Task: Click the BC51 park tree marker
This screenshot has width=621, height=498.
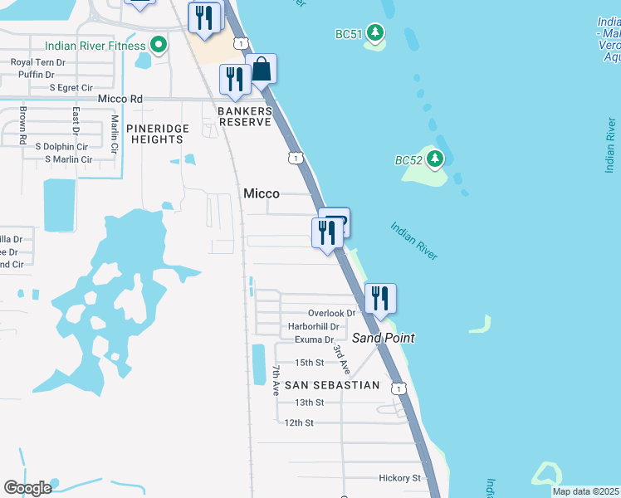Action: [376, 33]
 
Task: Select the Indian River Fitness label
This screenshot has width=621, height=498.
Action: [95, 46]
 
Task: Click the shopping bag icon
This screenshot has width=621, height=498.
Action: [261, 70]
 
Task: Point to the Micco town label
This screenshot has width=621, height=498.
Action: [261, 193]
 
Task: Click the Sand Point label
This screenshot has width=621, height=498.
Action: [383, 338]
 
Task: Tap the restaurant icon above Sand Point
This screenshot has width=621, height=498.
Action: [380, 298]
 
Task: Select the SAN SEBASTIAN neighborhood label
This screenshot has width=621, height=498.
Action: [332, 385]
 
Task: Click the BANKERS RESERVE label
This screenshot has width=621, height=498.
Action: [245, 116]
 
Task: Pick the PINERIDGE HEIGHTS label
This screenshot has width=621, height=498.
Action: [158, 134]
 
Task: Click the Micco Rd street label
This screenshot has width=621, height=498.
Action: [120, 99]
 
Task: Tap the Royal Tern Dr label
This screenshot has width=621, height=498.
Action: [37, 62]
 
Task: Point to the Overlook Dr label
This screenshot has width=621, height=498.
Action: [331, 313]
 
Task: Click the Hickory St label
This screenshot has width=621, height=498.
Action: [399, 478]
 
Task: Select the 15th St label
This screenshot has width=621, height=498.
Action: [309, 363]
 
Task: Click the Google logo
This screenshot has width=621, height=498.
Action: [27, 488]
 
